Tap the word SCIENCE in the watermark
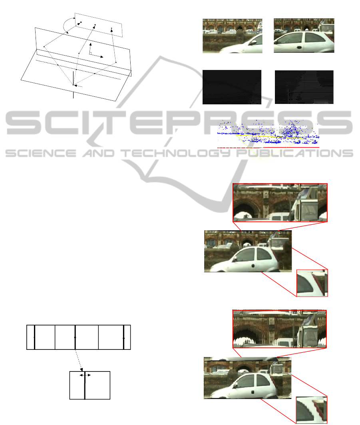pyautogui.click(x=41, y=154)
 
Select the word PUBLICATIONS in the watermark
pyautogui.click(x=295, y=154)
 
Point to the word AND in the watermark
pyautogui.click(x=99, y=154)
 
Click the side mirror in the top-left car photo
pyautogui.click(x=254, y=42)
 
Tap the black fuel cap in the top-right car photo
pyautogui.click(x=299, y=47)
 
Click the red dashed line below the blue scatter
pyautogui.click(x=268, y=148)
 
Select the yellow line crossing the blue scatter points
pyautogui.click(x=270, y=136)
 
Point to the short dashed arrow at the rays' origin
pyautogui.click(x=78, y=86)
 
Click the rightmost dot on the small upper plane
pyautogui.click(x=111, y=28)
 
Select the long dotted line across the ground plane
pyautogui.click(x=78, y=70)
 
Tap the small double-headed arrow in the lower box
pyautogui.click(x=85, y=375)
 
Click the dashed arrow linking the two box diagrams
pyautogui.click(x=79, y=360)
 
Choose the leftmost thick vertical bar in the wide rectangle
pyautogui.click(x=35, y=337)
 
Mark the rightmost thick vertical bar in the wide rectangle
pyautogui.click(x=124, y=337)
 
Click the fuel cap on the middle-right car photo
pyautogui.click(x=253, y=266)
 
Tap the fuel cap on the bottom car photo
pyautogui.click(x=253, y=392)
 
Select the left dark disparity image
pyautogui.click(x=232, y=87)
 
